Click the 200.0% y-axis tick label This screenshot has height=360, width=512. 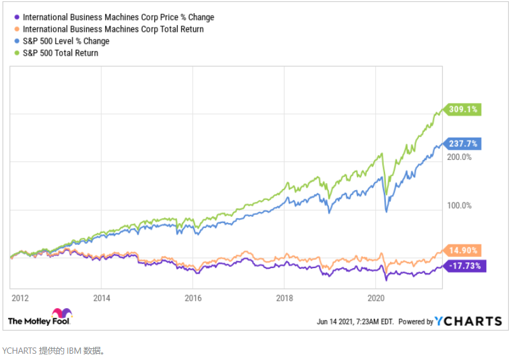tap(459, 157)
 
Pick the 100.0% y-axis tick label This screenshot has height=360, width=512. tap(459, 206)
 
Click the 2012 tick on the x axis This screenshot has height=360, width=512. tap(20, 298)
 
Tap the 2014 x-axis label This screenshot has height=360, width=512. tap(101, 298)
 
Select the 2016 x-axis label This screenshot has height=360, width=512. tap(193, 298)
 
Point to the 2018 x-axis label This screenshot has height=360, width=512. tap(284, 298)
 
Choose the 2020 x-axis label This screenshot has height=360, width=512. tap(376, 298)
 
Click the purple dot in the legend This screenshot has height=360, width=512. tap(17, 17)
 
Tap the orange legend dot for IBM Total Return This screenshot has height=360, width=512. tap(17, 29)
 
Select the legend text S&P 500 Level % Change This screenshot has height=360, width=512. tap(66, 41)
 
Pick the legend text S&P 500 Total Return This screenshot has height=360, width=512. tap(61, 53)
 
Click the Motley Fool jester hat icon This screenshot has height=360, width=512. tap(62, 312)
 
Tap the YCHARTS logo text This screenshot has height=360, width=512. tap(468, 321)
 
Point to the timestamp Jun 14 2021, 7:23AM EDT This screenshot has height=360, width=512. tap(355, 322)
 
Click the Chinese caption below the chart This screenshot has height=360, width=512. tap(54, 351)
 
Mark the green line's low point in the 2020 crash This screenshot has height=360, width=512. tap(386, 194)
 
